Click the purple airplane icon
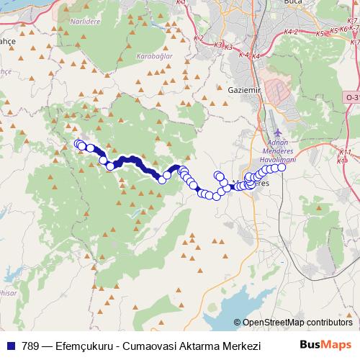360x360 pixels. pyautogui.click(x=279, y=135)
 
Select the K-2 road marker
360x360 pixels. pyautogui.click(x=199, y=37)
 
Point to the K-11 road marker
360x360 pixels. pyautogui.click(x=344, y=153)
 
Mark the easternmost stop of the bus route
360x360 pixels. pyautogui.click(x=282, y=168)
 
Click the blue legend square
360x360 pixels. pyautogui.click(x=10, y=346)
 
